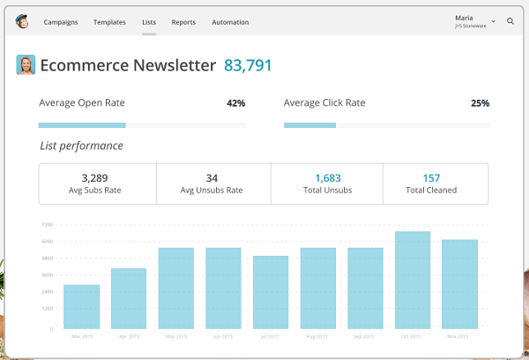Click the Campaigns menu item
tap(60, 22)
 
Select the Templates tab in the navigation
tap(109, 22)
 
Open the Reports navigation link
tap(183, 22)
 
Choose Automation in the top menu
tap(230, 22)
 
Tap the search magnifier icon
tap(510, 21)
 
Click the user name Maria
tap(464, 18)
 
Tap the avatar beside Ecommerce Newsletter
tap(26, 65)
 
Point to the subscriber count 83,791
tap(248, 65)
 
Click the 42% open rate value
tap(235, 103)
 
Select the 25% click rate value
tap(480, 103)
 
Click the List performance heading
tap(81, 146)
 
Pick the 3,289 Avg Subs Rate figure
tap(97, 178)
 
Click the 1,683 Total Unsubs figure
tap(327, 178)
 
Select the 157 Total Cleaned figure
tap(431, 178)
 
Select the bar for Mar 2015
tap(81, 307)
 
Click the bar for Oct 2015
tap(413, 281)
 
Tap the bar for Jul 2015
tap(271, 293)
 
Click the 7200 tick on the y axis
tap(47, 225)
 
